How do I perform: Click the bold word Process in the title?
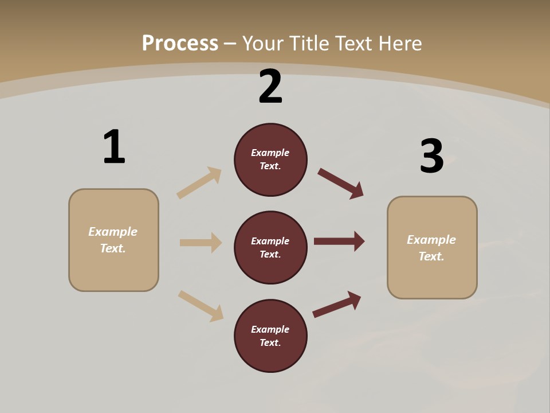[180, 44]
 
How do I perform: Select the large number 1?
[114, 147]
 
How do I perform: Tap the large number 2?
[270, 87]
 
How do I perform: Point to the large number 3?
[432, 156]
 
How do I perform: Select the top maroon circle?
[270, 159]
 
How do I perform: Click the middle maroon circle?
[270, 247]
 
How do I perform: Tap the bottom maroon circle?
[270, 336]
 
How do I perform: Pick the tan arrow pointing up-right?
[199, 183]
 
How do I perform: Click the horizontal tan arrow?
[201, 243]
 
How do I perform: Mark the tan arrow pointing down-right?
[201, 306]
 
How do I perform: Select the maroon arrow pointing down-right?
[341, 184]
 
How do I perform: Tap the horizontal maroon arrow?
[339, 241]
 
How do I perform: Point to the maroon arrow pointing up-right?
[337, 304]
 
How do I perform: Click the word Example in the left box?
[113, 232]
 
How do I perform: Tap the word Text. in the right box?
[431, 256]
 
